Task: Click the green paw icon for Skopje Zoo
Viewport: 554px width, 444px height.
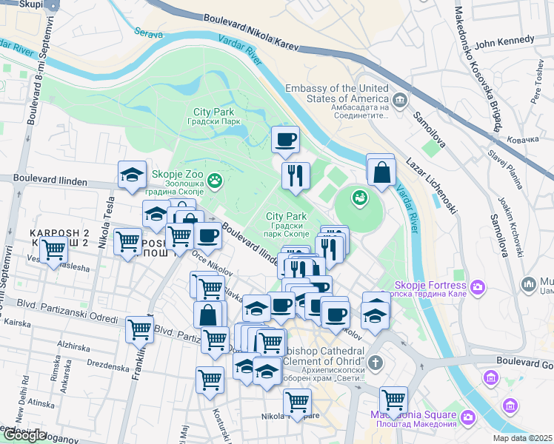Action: [216, 180]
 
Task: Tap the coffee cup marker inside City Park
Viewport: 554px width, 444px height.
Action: [285, 138]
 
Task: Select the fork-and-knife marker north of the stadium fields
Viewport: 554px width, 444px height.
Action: [296, 175]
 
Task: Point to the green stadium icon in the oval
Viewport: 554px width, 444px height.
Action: [360, 198]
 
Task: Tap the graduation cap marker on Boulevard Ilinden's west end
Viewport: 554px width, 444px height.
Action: [132, 175]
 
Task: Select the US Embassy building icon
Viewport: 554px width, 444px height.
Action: [401, 99]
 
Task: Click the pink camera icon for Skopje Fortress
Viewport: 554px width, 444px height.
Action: [479, 286]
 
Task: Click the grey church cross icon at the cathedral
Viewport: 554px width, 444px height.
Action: [376, 363]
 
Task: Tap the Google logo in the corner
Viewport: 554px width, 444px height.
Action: [24, 435]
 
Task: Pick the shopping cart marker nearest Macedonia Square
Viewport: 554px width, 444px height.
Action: [393, 400]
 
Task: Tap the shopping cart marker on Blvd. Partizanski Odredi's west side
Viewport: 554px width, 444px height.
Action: [138, 329]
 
